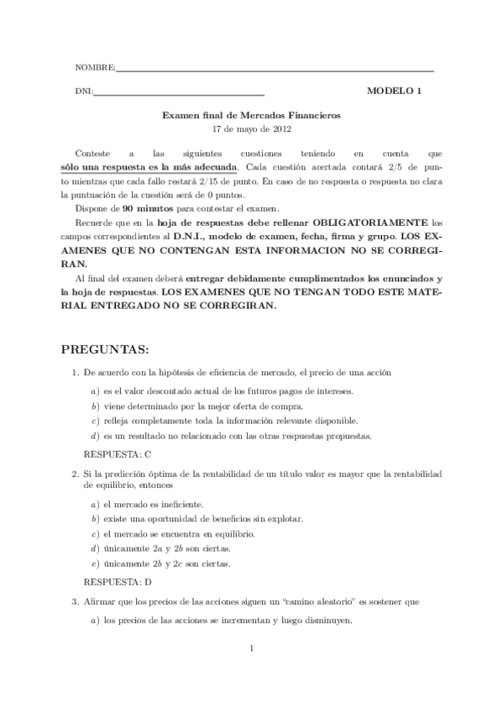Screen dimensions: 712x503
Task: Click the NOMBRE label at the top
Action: coord(94,67)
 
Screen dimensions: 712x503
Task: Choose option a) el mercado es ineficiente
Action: coord(152,505)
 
